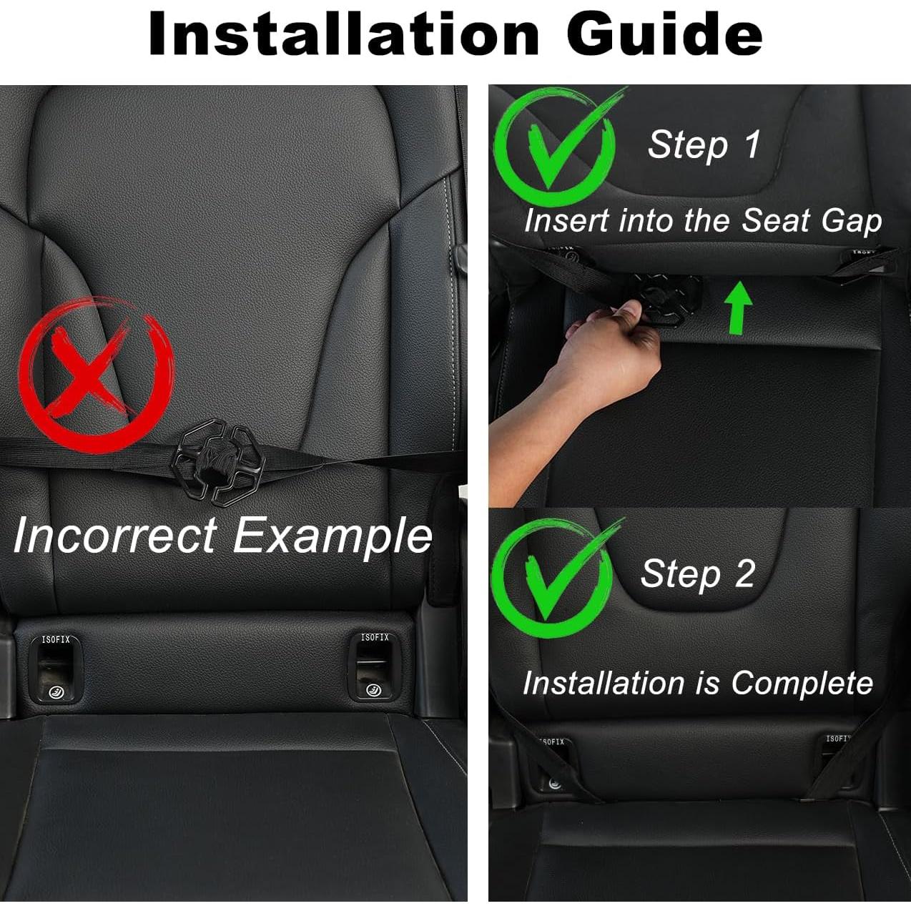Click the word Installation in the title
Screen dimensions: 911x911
pos(343,34)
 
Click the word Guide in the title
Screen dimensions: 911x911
pos(665,34)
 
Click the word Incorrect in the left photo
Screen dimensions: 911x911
pos(114,535)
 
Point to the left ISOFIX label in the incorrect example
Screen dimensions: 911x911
pos(56,639)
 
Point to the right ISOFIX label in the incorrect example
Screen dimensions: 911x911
pos(375,637)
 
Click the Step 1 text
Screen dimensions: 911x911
pos(704,144)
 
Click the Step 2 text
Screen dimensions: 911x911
pos(697,573)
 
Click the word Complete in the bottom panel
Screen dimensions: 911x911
pos(802,683)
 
